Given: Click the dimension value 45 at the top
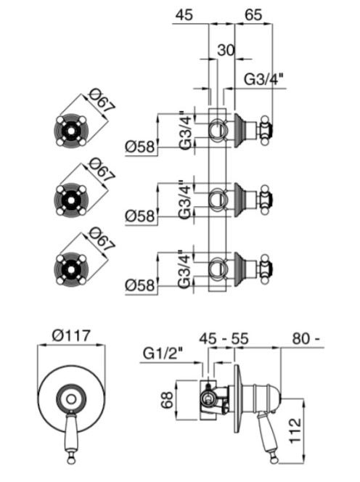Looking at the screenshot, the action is tap(184, 15).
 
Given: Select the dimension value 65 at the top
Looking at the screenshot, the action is tap(253, 15).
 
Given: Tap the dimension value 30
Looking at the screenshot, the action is tap(226, 49).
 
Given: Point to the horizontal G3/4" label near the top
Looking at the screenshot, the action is tap(263, 80).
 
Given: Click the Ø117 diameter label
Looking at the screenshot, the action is tap(71, 335).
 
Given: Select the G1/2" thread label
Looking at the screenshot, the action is tap(163, 354).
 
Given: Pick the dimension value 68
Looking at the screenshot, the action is tap(168, 400).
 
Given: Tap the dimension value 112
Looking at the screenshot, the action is tap(295, 430).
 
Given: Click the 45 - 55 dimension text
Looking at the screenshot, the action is tap(224, 338).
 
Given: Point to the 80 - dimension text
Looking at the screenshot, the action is tap(306, 338).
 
